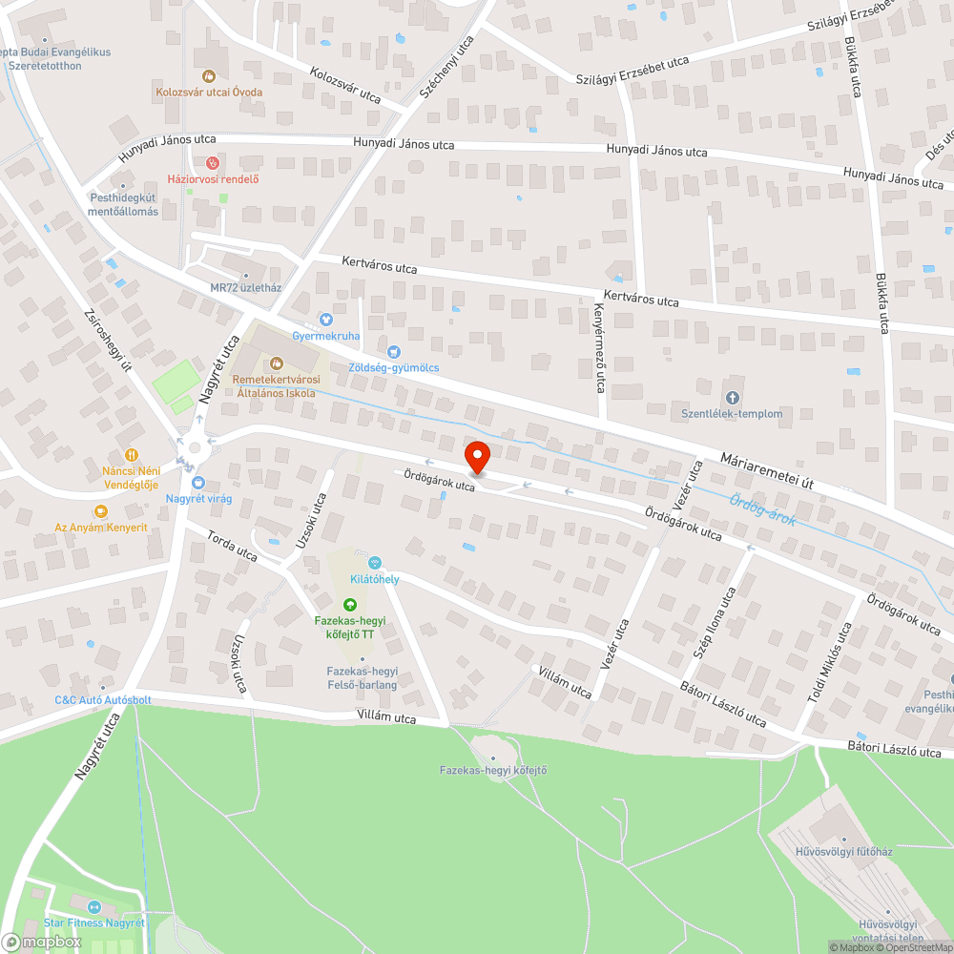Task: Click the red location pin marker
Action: [476, 457]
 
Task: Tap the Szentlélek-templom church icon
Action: [732, 397]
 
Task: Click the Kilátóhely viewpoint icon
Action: [375, 563]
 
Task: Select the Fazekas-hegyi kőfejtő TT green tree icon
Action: [350, 604]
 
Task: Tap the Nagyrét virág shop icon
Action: [198, 483]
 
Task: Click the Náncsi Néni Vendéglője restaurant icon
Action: [132, 455]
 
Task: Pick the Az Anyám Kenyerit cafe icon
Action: [101, 511]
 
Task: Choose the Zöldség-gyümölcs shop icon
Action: [393, 351]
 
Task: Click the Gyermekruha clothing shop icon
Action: [325, 319]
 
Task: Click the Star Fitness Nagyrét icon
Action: [93, 906]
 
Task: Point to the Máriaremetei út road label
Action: [767, 470]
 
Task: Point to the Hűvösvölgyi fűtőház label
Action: [843, 851]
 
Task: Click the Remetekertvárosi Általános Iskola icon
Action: [276, 363]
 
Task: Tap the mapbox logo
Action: [41, 942]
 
